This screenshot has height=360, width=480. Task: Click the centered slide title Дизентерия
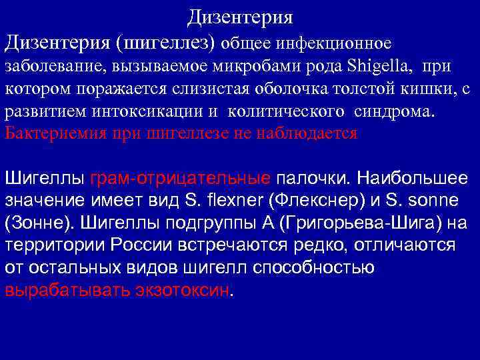tap(239, 15)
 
